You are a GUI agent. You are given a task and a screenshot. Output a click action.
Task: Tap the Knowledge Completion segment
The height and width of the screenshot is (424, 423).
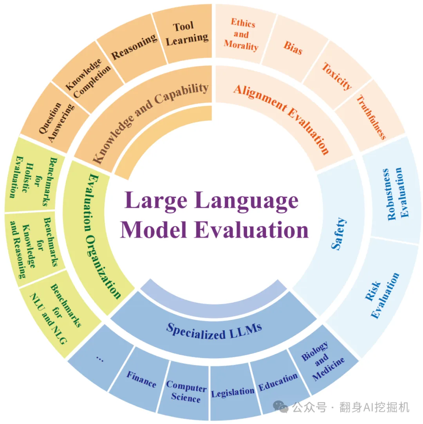[x=87, y=78]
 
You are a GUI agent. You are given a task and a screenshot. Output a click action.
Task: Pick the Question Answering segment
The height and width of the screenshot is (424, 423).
[x=56, y=122]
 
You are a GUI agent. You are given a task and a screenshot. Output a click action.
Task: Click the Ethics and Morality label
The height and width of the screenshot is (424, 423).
[x=242, y=34]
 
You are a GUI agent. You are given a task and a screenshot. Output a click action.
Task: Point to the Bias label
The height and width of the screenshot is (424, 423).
[x=293, y=48]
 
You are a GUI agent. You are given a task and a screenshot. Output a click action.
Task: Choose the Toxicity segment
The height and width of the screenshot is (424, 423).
[x=337, y=76]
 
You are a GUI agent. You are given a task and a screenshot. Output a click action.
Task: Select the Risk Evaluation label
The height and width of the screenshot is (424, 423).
[x=382, y=296]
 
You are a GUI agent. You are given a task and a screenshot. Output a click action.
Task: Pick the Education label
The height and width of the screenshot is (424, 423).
[x=278, y=382]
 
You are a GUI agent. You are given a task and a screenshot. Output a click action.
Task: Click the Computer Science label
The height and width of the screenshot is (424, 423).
[x=186, y=392]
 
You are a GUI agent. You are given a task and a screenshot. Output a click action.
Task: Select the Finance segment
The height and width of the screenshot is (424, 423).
[x=141, y=379]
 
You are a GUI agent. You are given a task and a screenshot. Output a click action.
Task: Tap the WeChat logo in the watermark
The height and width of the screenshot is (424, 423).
[x=281, y=406]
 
